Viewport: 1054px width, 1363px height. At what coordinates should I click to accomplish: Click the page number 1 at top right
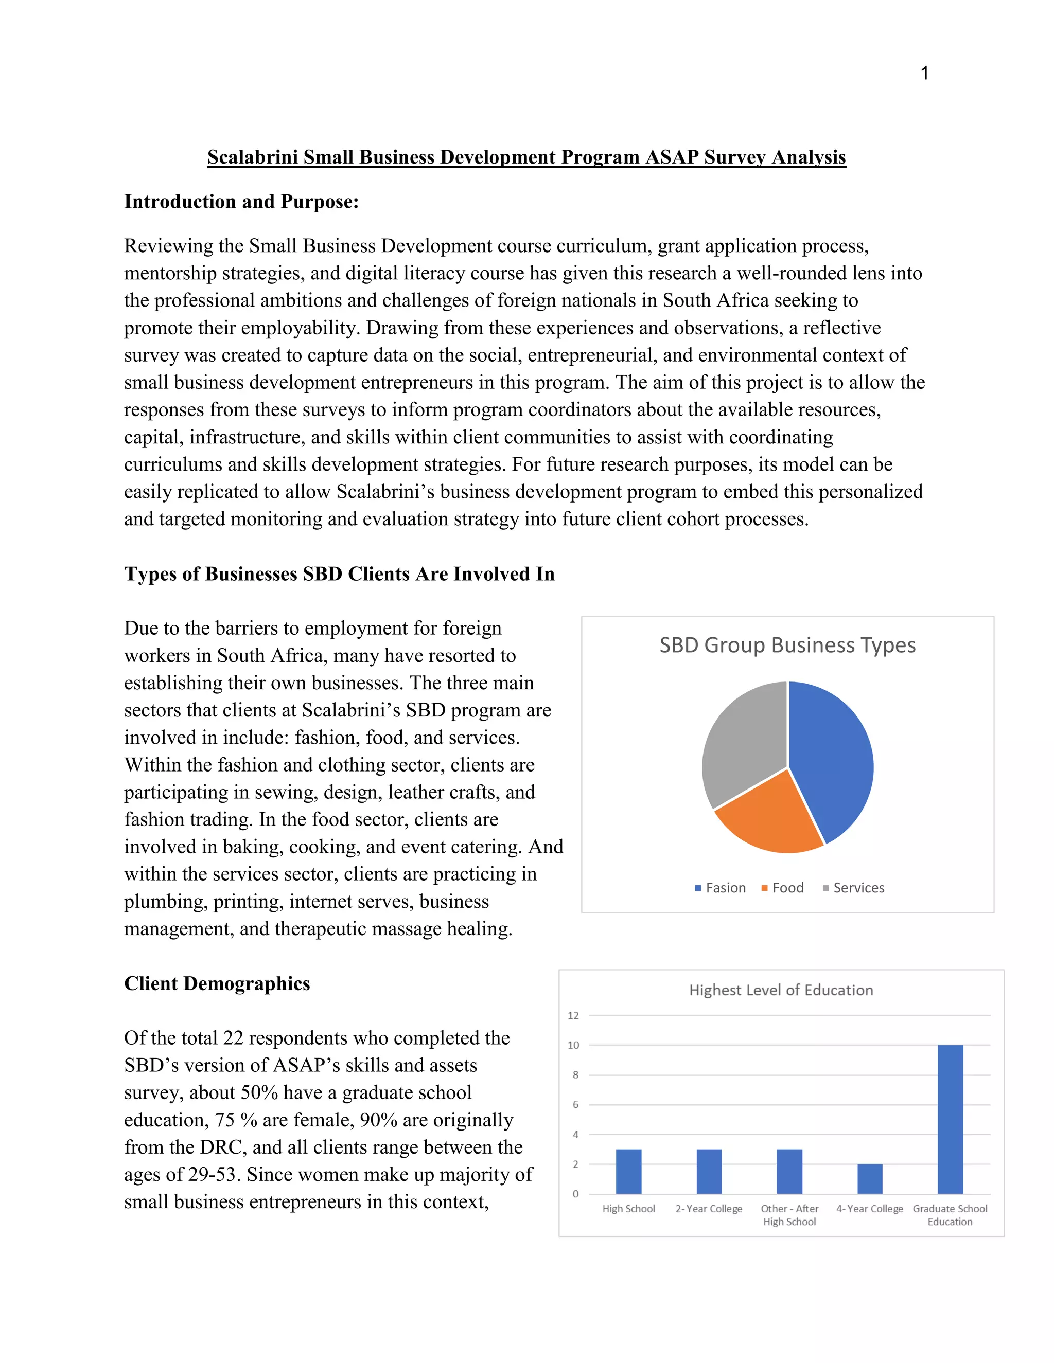[925, 74]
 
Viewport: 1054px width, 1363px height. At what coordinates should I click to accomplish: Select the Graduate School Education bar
[950, 1120]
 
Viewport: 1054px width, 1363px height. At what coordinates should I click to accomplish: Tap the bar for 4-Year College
[870, 1179]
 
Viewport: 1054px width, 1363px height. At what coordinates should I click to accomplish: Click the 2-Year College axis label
[709, 1209]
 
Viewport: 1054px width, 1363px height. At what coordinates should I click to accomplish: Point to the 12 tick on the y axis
[573, 1015]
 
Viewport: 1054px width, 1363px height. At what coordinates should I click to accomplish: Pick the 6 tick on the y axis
[575, 1105]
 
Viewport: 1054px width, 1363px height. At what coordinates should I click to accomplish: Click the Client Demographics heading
[217, 983]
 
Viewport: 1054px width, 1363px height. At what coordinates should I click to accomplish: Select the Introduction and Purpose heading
[241, 202]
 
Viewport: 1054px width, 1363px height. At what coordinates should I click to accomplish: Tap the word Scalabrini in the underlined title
[253, 157]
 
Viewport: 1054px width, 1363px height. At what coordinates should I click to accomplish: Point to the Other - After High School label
[789, 1215]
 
